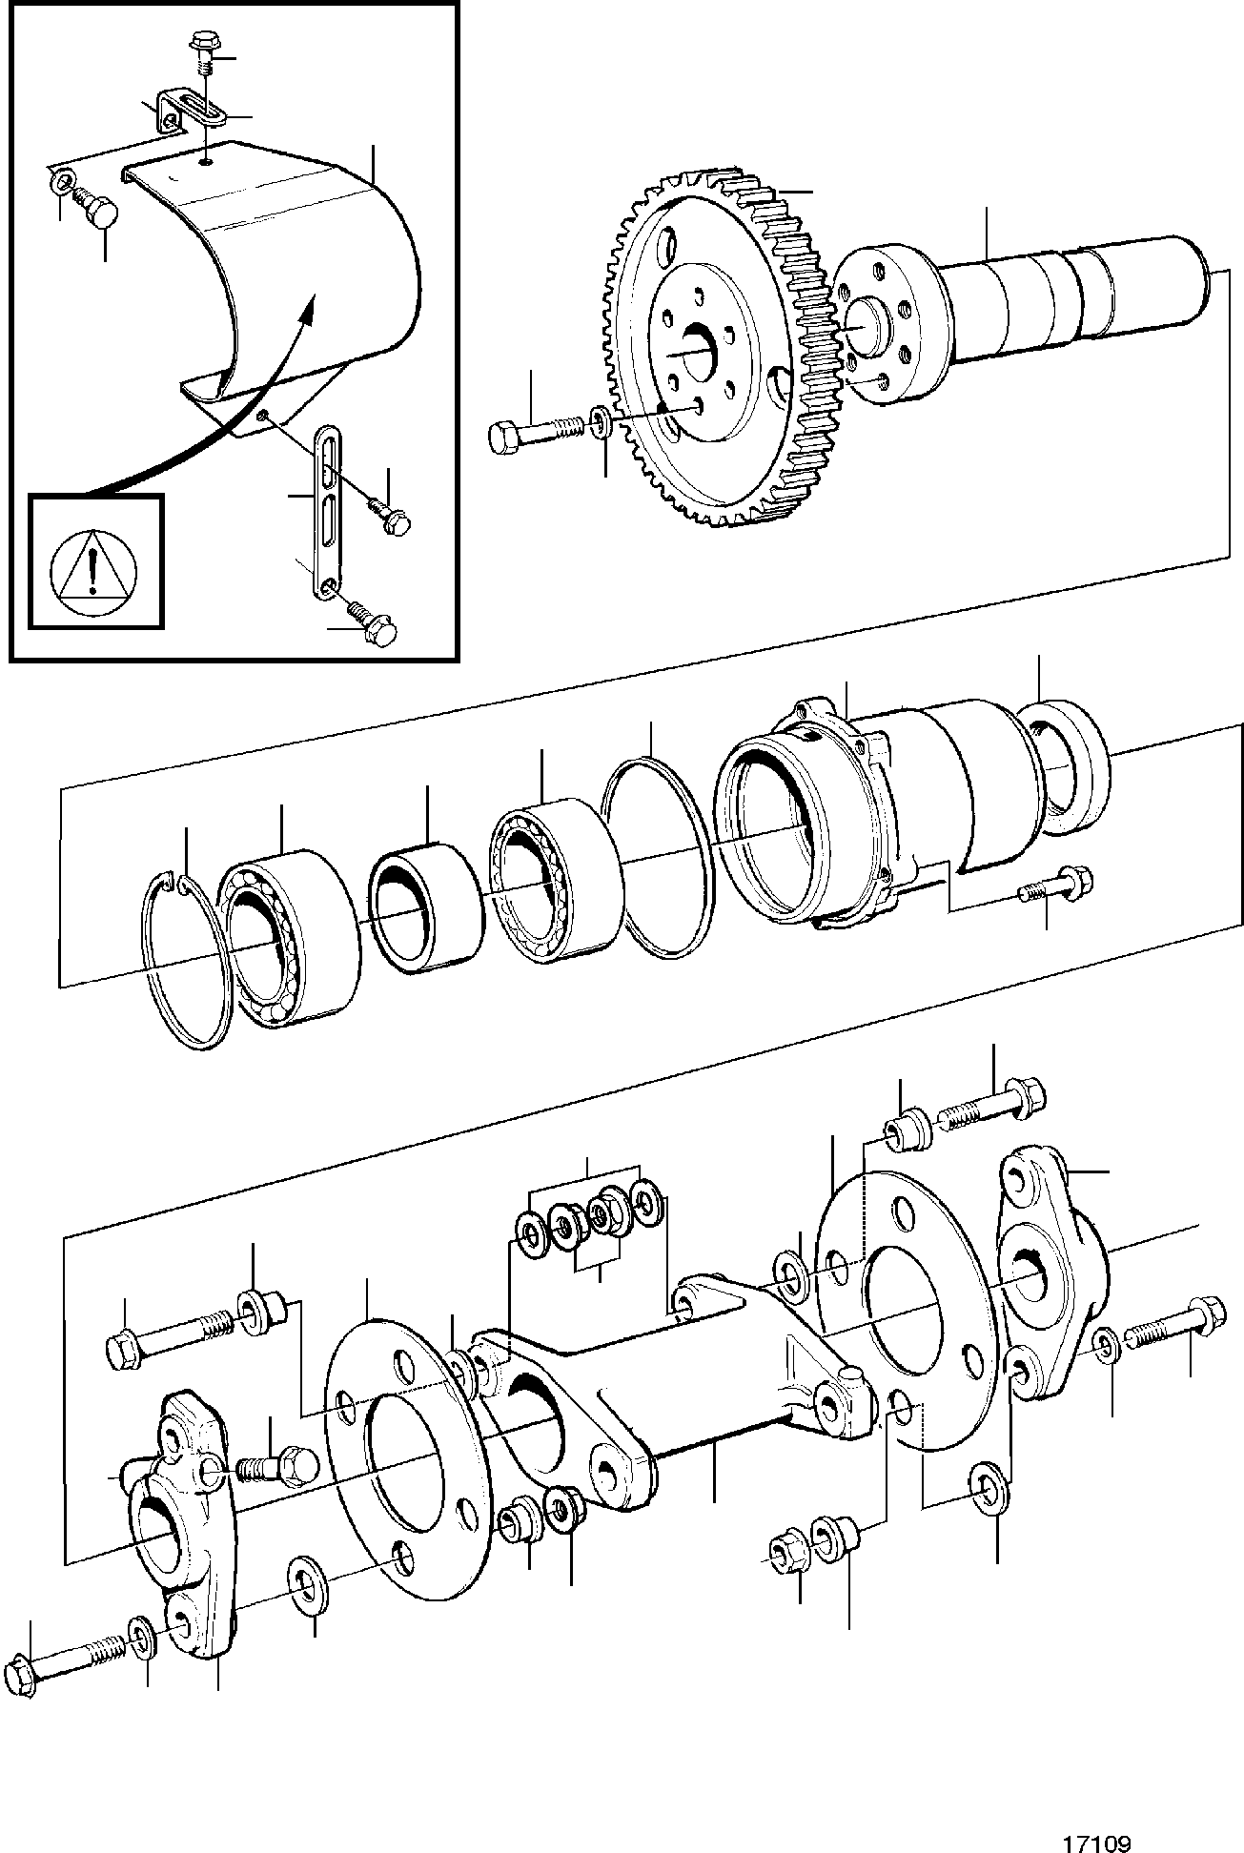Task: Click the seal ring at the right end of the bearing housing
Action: tap(1063, 768)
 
